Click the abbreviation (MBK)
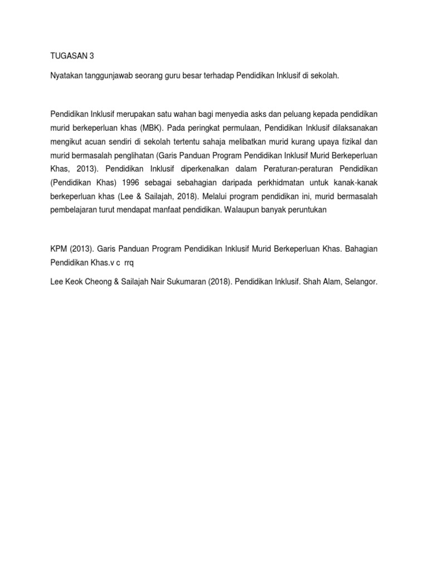tap(144, 127)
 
